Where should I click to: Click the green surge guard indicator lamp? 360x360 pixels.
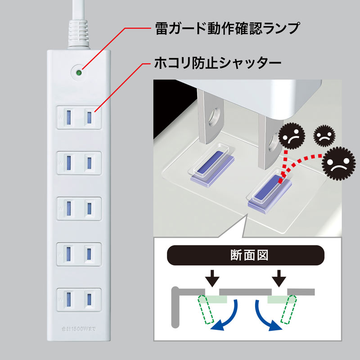pyautogui.click(x=79, y=72)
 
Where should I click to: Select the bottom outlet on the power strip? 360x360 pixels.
pyautogui.click(x=79, y=297)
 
